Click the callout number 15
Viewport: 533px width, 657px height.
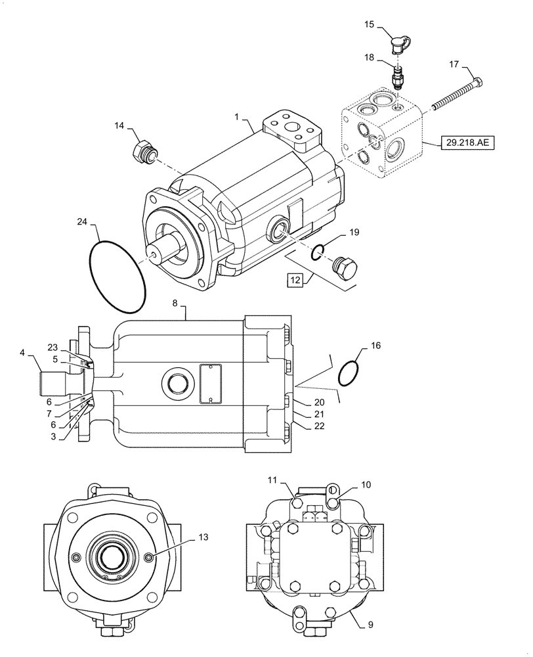[x=369, y=24]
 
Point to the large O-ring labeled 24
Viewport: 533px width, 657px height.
[x=117, y=277]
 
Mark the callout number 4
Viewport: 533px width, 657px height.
[x=22, y=353]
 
